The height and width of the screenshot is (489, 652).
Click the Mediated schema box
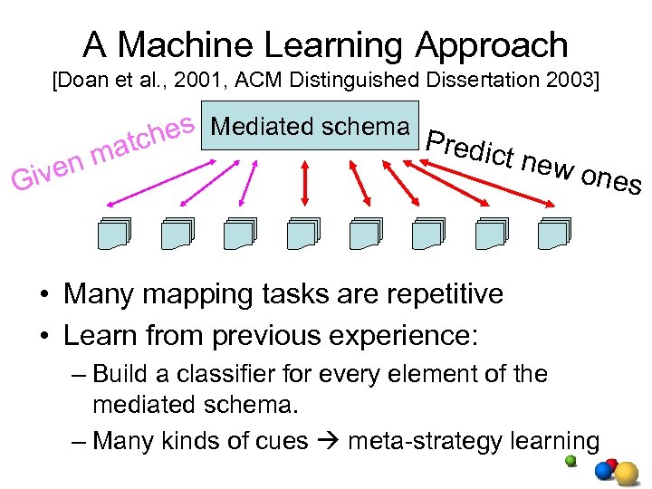pos(310,126)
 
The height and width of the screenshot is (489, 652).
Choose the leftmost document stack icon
pos(115,234)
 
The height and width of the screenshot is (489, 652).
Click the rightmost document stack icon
pos(553,234)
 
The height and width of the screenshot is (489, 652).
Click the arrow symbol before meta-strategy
pos(330,441)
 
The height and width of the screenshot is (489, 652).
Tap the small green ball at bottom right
pos(570,460)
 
